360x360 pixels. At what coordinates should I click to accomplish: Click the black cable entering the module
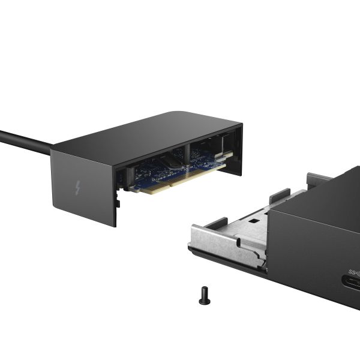point(24,141)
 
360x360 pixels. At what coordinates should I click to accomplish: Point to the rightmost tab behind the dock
point(318,179)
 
